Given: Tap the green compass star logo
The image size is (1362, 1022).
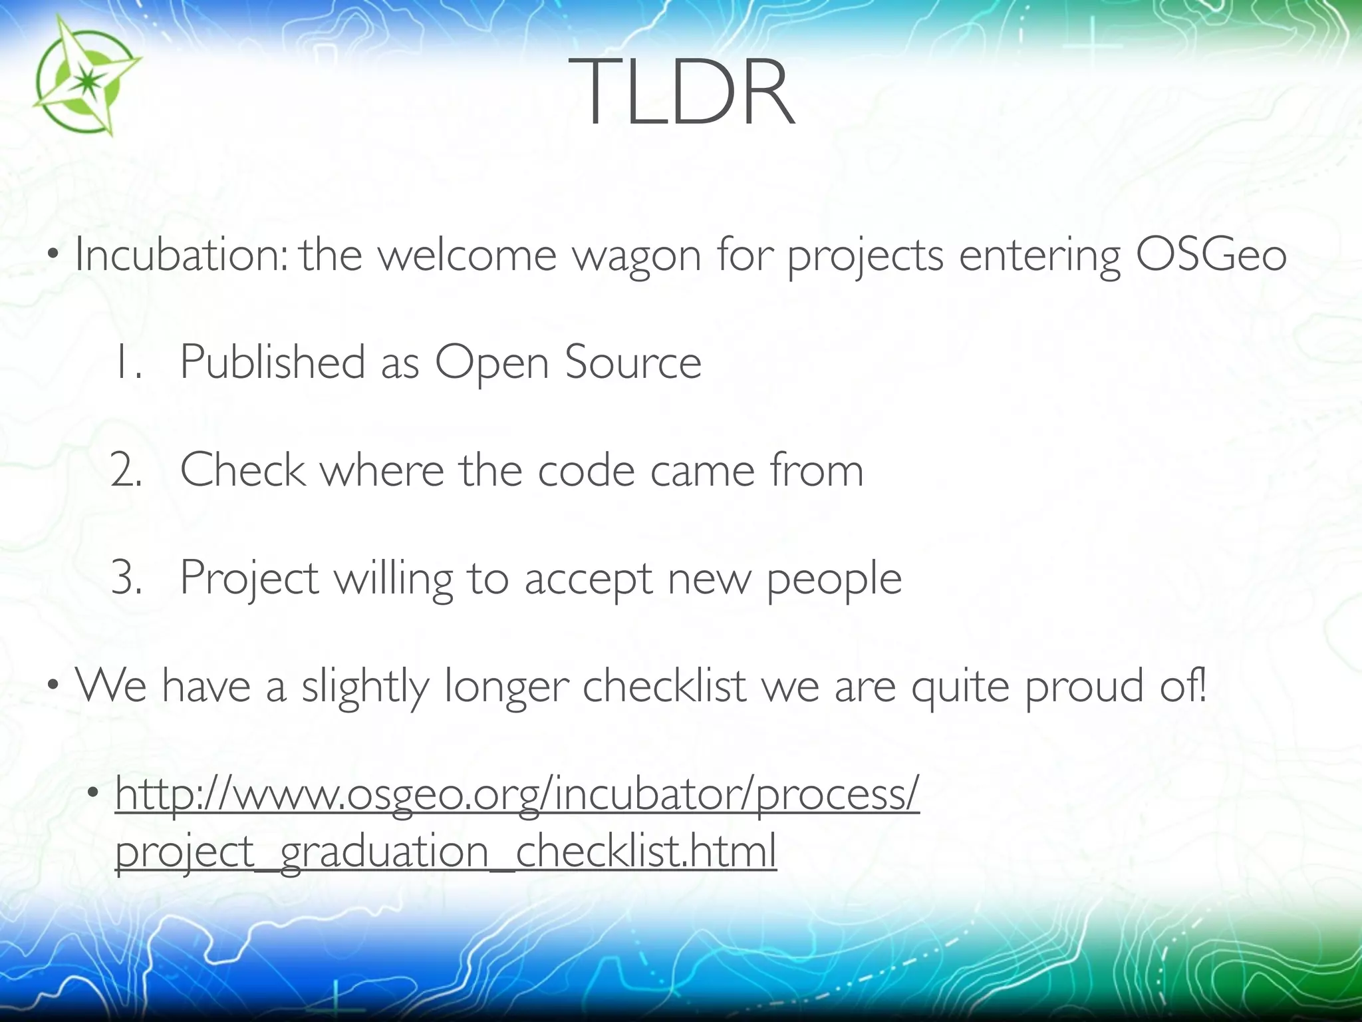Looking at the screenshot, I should point(84,77).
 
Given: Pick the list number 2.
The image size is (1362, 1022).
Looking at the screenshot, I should point(126,470).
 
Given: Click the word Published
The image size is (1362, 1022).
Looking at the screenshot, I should point(273,363).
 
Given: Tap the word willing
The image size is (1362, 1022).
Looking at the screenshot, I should point(393,579).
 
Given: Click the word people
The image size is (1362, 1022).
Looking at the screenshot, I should point(835,579).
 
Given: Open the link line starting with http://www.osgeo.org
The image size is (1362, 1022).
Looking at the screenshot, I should point(517,794).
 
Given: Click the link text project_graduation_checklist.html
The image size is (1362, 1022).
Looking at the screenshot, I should point(446,852).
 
